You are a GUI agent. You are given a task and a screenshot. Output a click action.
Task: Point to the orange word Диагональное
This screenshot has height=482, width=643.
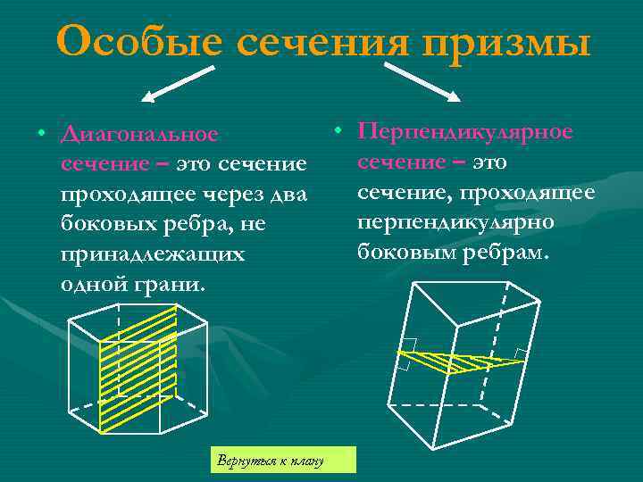pos(139,135)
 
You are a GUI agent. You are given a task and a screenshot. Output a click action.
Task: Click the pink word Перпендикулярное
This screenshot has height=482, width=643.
pos(465,131)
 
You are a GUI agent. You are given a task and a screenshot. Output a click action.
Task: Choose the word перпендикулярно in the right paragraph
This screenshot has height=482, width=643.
pos(455,221)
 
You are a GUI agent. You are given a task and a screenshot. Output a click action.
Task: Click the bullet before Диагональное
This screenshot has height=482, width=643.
pos(41,134)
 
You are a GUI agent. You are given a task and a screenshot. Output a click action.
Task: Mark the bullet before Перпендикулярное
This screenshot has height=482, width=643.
pos(338,130)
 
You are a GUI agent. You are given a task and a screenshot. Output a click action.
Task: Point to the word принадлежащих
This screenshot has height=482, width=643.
pos(152,254)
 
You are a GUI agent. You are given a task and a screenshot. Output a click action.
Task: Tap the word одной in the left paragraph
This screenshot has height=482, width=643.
pos(92,285)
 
